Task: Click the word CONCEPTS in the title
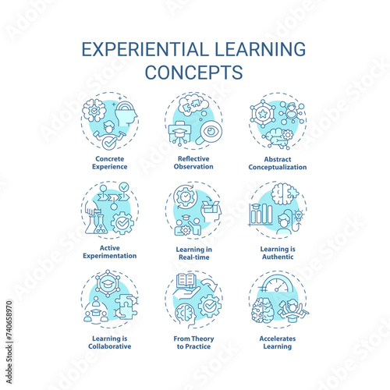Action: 194,73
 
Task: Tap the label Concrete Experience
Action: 110,162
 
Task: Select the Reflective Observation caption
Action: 193,162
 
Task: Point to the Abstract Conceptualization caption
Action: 278,163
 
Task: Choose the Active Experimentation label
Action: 110,252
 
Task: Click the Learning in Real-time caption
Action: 194,253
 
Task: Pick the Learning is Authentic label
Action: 278,253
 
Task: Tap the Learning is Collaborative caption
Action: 110,342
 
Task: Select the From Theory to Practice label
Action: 193,342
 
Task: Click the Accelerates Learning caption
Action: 278,342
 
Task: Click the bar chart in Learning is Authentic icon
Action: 261,214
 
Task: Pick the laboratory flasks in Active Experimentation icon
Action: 96,223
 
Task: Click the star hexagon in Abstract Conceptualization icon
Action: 263,114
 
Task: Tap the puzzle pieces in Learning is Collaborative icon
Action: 126,307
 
